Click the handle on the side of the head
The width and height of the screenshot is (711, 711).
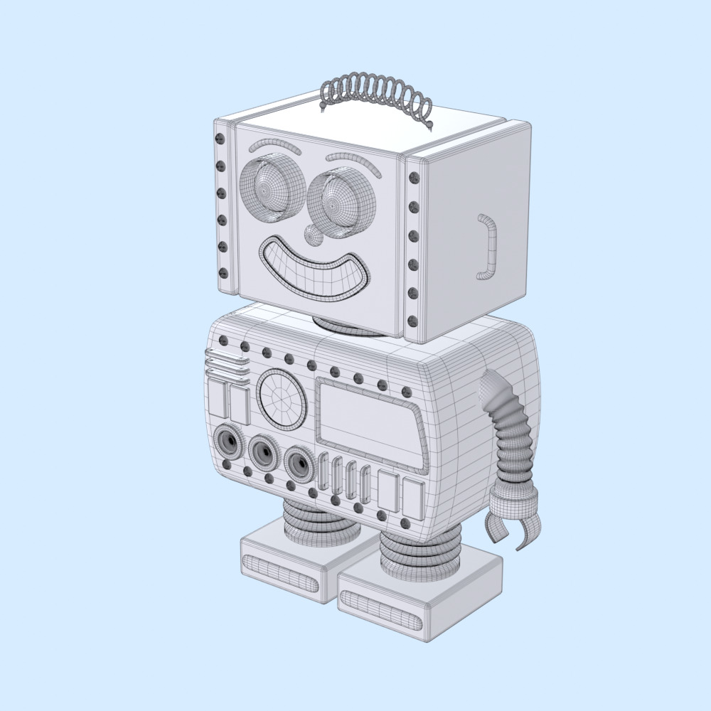[x=488, y=246]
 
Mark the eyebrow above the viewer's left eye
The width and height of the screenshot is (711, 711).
[x=274, y=146]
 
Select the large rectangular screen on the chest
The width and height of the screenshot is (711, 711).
[x=370, y=424]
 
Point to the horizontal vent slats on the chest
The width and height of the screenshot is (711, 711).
[x=226, y=366]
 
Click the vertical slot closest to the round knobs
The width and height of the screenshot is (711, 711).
[x=324, y=472]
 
